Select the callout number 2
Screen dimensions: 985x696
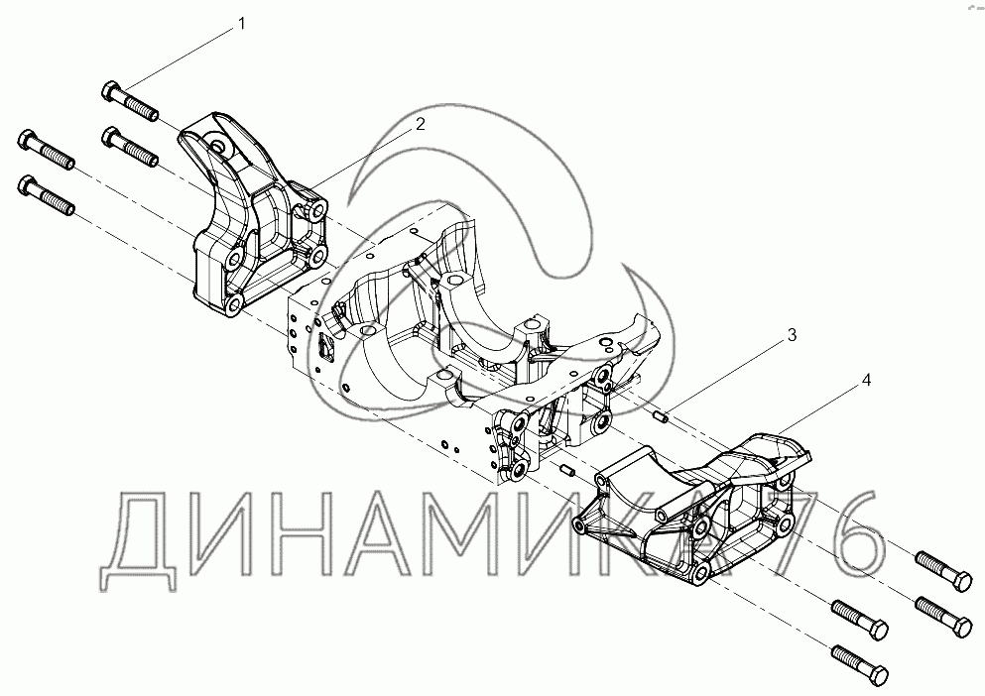coord(421,124)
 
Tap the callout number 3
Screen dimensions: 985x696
coord(792,335)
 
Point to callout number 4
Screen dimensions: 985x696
coord(866,379)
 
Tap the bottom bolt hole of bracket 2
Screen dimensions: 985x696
coord(235,303)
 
